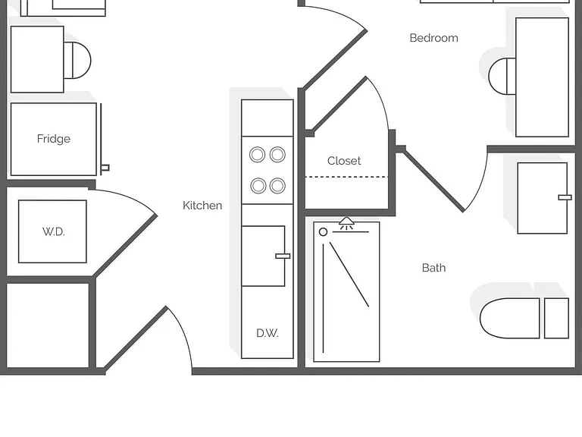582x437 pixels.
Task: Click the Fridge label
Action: point(54,139)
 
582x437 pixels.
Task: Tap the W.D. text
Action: point(54,231)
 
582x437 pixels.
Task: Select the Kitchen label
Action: point(202,206)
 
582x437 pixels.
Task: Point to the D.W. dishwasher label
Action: point(268,333)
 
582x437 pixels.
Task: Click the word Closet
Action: point(344,161)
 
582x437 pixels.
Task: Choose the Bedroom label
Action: point(434,38)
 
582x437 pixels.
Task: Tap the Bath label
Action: point(434,268)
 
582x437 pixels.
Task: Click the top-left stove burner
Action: point(257,154)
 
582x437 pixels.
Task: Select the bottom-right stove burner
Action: point(277,186)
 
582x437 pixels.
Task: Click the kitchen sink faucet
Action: point(283,256)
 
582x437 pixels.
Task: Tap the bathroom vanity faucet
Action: point(565,197)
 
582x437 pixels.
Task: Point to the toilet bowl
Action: point(509,318)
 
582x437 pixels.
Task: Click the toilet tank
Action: point(556,318)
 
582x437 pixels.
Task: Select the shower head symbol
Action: point(346,222)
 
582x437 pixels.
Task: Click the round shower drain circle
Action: point(324,232)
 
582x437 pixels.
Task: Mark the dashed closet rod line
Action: point(346,177)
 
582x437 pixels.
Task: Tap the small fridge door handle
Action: point(105,168)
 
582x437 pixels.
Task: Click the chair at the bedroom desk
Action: point(502,76)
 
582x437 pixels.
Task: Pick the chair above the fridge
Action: point(77,60)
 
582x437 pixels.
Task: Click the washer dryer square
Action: point(52,231)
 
